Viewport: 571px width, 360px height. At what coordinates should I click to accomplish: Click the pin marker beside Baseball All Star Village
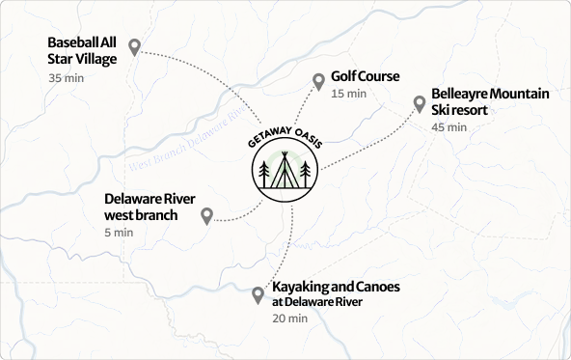tap(135, 46)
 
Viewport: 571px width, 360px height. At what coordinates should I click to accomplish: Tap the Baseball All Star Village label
tap(82, 51)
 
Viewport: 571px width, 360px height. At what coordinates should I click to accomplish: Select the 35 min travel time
tap(67, 78)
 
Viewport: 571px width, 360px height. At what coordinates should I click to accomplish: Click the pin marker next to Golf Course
tap(319, 82)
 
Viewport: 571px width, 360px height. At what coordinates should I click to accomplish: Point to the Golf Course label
tap(365, 76)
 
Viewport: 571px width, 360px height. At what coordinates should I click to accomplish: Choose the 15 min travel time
tap(348, 95)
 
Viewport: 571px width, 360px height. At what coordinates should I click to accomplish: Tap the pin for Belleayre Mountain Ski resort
tap(420, 103)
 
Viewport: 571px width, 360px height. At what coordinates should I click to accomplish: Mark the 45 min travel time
tap(449, 127)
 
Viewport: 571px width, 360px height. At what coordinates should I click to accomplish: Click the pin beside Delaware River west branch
tap(206, 216)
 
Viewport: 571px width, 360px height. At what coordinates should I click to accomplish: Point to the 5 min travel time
tap(119, 233)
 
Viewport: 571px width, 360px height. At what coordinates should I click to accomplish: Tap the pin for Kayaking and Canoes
tap(258, 295)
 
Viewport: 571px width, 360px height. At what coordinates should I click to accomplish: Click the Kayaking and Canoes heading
tap(335, 288)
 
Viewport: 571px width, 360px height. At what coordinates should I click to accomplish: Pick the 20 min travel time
tap(289, 318)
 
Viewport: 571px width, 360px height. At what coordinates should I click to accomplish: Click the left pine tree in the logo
tap(263, 174)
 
